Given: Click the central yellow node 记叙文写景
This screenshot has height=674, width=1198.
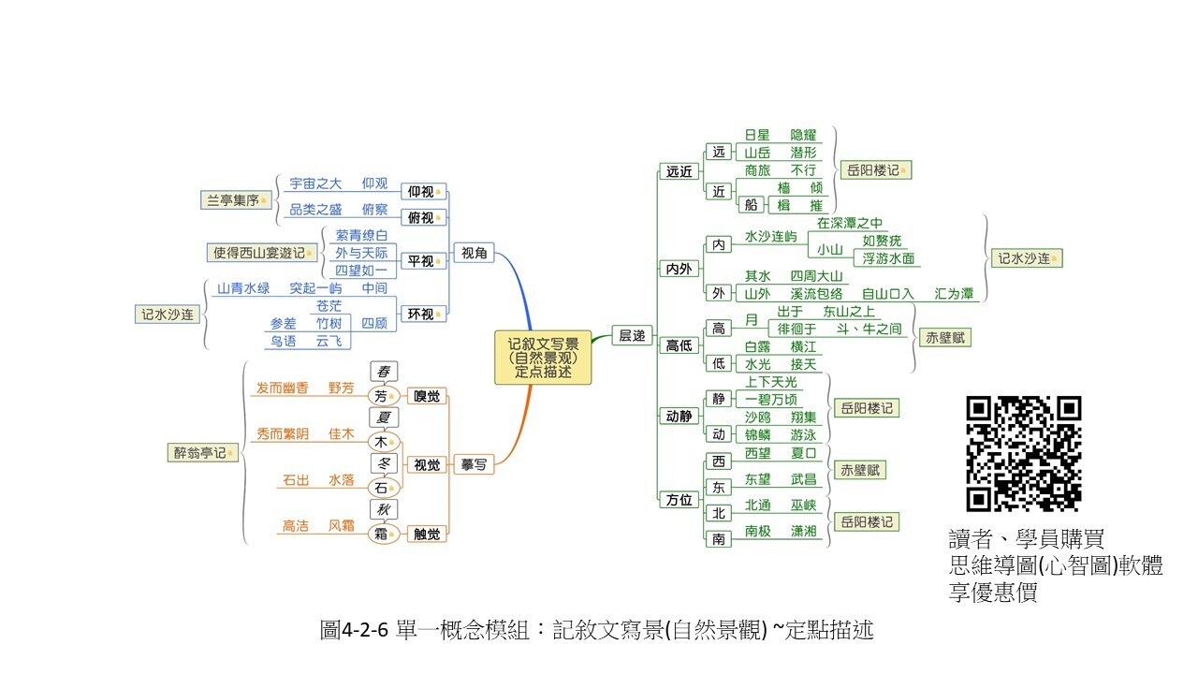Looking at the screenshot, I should coord(543,357).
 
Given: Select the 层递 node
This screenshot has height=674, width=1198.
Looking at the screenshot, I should coord(632,335).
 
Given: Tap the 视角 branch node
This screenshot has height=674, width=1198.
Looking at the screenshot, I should coord(475,253).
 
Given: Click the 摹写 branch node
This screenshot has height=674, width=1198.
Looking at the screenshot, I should coord(475,464).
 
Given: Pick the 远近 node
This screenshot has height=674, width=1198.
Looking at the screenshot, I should coord(679,171).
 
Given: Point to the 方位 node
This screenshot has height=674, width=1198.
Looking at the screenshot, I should coord(679,500).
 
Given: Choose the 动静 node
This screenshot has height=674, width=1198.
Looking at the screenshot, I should coord(679,415).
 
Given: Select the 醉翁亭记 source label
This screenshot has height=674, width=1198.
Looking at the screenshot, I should coord(199,453).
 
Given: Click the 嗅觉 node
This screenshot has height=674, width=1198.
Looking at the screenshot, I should coord(426,396).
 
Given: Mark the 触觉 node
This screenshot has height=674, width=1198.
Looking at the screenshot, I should coord(426,534).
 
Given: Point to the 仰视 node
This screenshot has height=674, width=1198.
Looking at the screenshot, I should coord(420,192).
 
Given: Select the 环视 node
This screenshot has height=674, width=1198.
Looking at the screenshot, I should coord(420,315).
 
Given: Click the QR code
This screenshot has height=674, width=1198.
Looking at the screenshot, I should coord(1023,453).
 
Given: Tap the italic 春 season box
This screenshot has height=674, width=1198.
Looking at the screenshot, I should coord(382,372).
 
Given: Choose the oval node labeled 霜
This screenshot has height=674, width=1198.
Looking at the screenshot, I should coord(382,534).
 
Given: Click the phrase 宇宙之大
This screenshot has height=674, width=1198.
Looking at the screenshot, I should coord(315,183).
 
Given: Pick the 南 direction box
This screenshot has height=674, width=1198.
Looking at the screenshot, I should coord(718,538).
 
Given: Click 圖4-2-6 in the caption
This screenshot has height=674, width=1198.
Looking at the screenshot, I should coord(355,630).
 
